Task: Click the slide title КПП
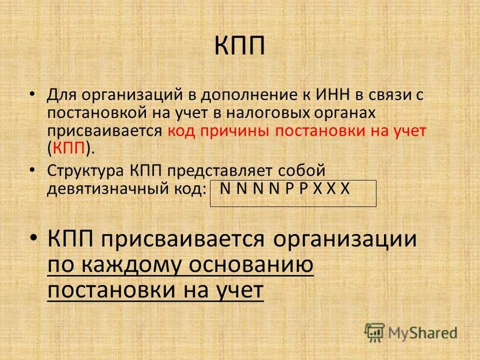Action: pyautogui.click(x=239, y=46)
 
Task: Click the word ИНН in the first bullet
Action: pyautogui.click(x=332, y=95)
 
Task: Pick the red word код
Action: pyautogui.click(x=182, y=131)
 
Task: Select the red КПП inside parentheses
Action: pyautogui.click(x=69, y=149)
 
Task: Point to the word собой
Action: pyautogui.click(x=302, y=170)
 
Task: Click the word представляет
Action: pyautogui.click(x=220, y=171)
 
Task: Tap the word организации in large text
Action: pyautogui.click(x=345, y=239)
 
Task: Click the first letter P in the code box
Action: pyautogui.click(x=289, y=188)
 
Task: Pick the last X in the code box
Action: pyautogui.click(x=345, y=188)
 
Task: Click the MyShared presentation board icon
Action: pyautogui.click(x=374, y=332)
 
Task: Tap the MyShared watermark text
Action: pyautogui.click(x=423, y=333)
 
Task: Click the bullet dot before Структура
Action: pyautogui.click(x=32, y=170)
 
